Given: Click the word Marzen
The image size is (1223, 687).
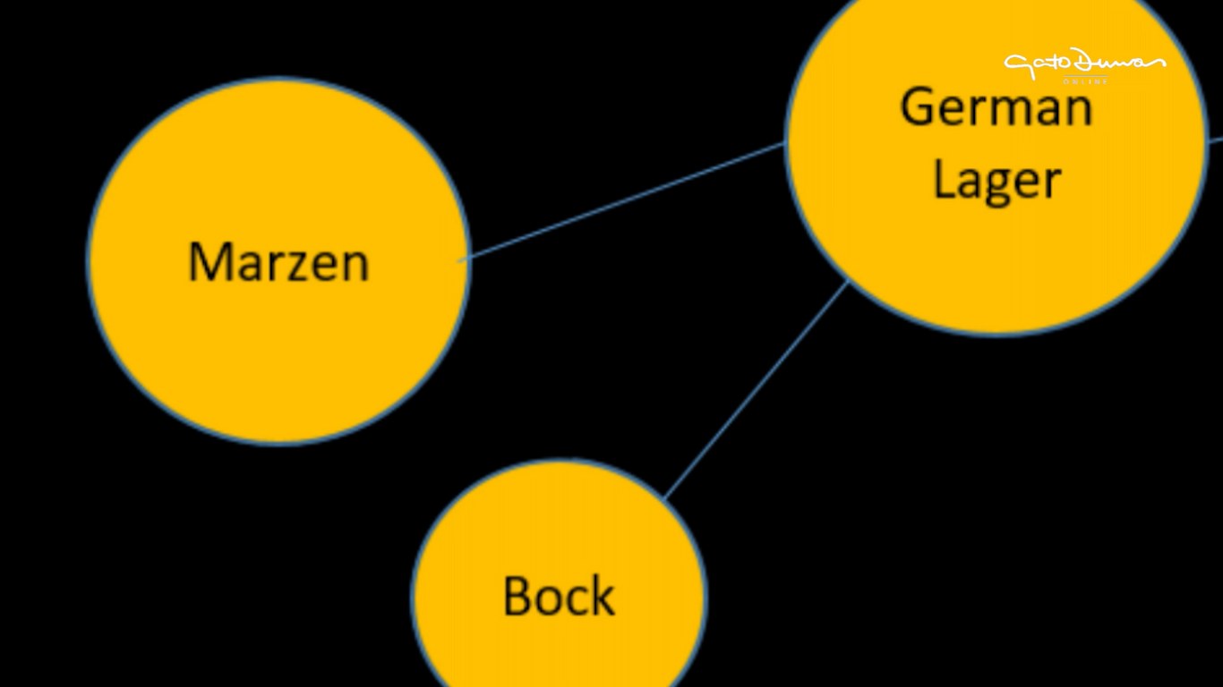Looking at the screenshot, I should click(278, 263).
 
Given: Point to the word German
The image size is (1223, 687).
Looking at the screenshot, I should click(996, 107).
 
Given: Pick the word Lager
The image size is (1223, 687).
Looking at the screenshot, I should click(996, 180).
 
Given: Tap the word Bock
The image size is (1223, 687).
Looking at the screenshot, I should click(559, 597).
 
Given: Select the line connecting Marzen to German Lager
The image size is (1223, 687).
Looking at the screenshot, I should click(627, 200).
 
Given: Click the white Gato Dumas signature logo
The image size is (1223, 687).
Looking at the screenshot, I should click(1084, 64).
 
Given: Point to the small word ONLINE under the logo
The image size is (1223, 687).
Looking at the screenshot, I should click(1085, 82).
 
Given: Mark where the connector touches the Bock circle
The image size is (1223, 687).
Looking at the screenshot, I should click(664, 497).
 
